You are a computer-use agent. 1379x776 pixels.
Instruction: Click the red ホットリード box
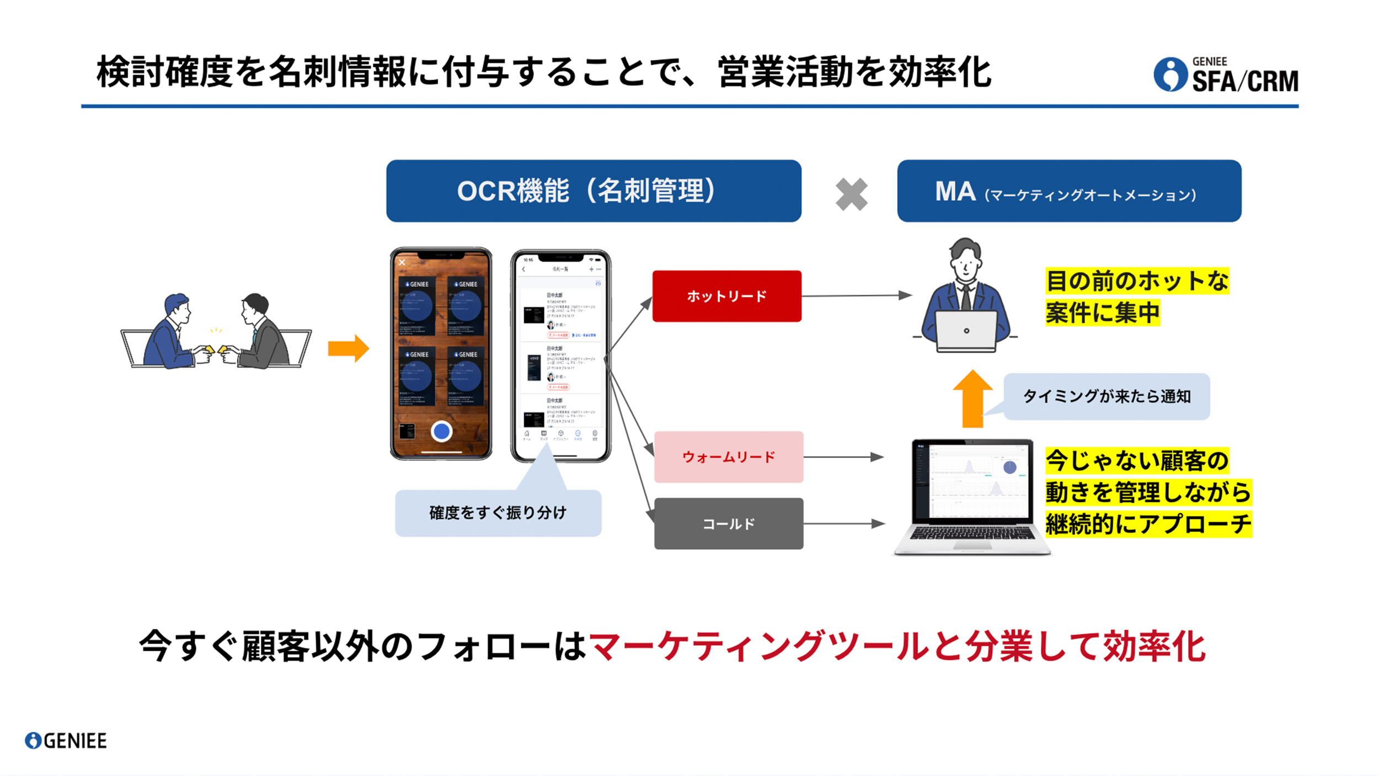point(726,296)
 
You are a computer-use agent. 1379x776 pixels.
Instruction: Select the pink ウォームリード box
point(728,457)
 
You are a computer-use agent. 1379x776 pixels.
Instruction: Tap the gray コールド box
point(728,523)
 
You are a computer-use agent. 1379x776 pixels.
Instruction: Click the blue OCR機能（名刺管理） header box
point(594,191)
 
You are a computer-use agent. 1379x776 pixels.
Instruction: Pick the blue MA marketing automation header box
point(1069,191)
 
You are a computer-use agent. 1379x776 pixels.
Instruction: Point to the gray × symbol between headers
point(851,194)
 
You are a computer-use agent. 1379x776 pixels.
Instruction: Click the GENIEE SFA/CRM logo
point(1226,75)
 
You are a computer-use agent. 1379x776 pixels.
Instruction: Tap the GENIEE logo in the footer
point(66,741)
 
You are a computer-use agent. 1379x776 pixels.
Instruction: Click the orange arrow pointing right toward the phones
point(348,348)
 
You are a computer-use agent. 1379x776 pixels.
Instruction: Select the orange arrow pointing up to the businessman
point(972,398)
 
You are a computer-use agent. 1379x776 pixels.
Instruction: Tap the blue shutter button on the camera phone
point(441,431)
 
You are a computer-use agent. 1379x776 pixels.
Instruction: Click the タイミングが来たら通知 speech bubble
point(1107,396)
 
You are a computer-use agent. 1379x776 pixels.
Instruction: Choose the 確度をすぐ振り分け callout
point(498,513)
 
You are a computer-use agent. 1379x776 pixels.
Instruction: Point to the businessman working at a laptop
point(965,298)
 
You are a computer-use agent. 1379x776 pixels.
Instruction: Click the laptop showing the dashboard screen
point(972,497)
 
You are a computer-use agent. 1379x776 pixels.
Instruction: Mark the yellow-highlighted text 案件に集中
point(1102,313)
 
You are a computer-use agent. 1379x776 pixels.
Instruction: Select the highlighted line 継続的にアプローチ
point(1148,524)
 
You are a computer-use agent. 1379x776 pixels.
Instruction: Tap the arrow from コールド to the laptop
point(844,523)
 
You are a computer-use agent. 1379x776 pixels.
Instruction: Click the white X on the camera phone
point(402,263)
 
